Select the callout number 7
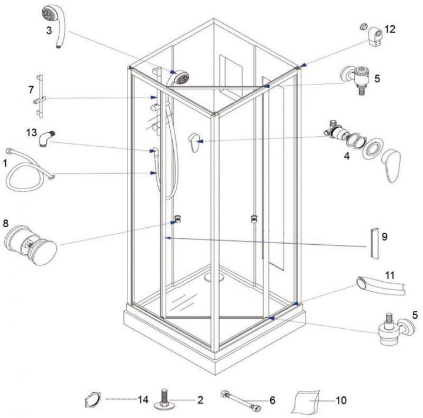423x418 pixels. click(x=31, y=89)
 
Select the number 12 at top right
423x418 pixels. click(x=390, y=29)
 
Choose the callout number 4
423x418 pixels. click(x=347, y=157)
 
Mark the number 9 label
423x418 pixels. click(x=385, y=237)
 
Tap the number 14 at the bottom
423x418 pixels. click(x=143, y=400)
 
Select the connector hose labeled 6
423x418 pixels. click(x=240, y=401)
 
